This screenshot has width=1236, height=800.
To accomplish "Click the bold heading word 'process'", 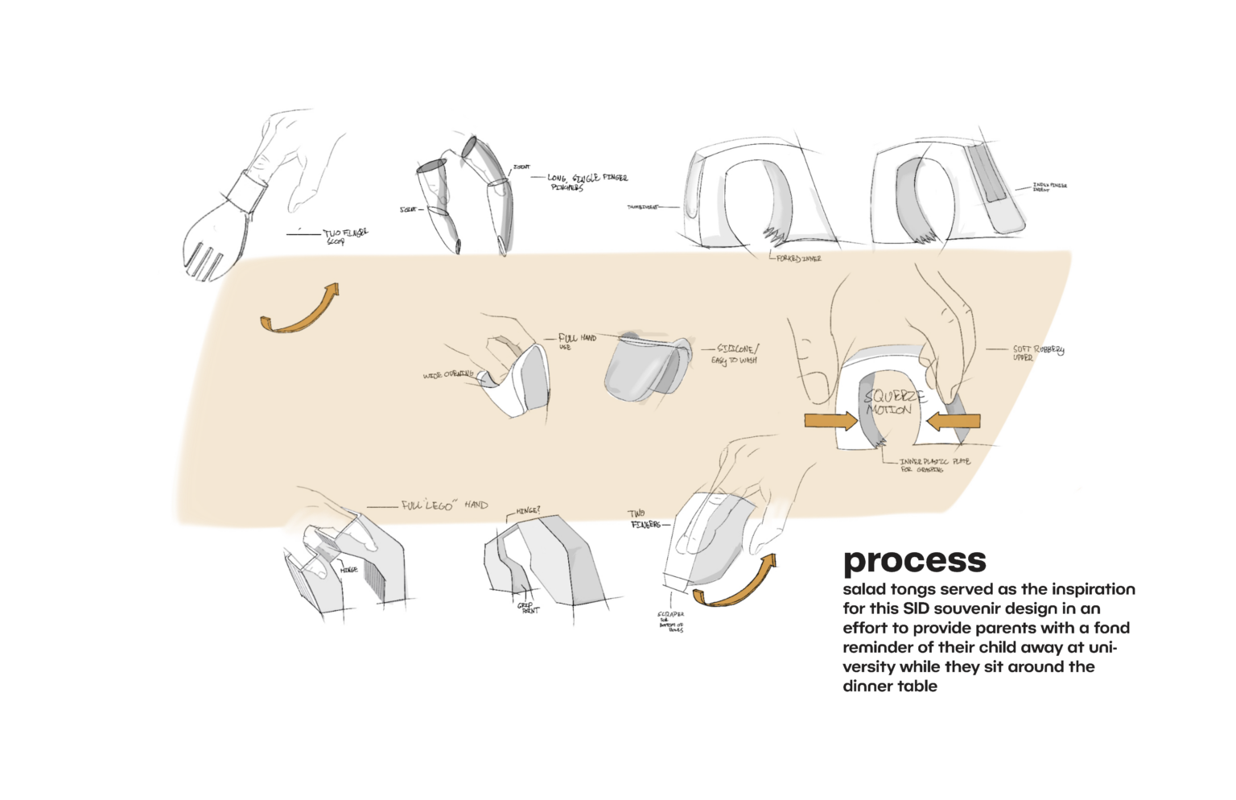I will tap(914, 561).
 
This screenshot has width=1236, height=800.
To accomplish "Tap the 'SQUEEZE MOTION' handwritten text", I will tap(893, 402).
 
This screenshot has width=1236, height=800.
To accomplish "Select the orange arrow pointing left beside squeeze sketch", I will tap(954, 420).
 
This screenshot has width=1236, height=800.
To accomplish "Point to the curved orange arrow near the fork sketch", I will tap(303, 310).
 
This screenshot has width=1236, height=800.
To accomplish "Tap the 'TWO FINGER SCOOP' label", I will tap(344, 236).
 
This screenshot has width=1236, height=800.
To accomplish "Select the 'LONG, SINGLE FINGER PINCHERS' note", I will tap(586, 182).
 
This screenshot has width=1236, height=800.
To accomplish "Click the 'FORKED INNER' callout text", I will tap(798, 259).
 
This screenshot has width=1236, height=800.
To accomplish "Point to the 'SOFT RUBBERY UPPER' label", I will tap(1037, 353).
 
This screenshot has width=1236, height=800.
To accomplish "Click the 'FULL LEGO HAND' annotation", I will tap(444, 505).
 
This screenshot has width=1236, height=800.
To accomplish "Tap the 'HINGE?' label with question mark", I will tap(528, 511).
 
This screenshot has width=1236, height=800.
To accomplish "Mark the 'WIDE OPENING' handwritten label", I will tap(448, 375).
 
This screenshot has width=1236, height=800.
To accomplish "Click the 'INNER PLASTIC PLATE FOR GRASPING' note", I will tap(933, 465).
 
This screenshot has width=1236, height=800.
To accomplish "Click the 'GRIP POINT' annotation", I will tap(528, 608).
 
